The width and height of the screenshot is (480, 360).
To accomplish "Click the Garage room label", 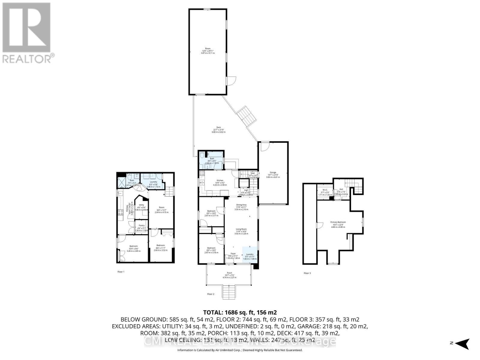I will coord(273,172).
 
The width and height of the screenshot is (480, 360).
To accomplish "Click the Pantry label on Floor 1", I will coord(141,226).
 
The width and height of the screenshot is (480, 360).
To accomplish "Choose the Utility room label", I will coord(141,205).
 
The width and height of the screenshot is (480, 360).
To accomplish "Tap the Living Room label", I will coord(241,229).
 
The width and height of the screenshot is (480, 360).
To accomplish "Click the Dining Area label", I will coord(241,205).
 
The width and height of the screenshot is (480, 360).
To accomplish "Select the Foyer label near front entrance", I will coord(233,254).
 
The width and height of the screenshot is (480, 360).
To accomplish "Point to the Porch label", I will coord(229,273).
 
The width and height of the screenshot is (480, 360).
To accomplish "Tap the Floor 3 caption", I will coord(307,273).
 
